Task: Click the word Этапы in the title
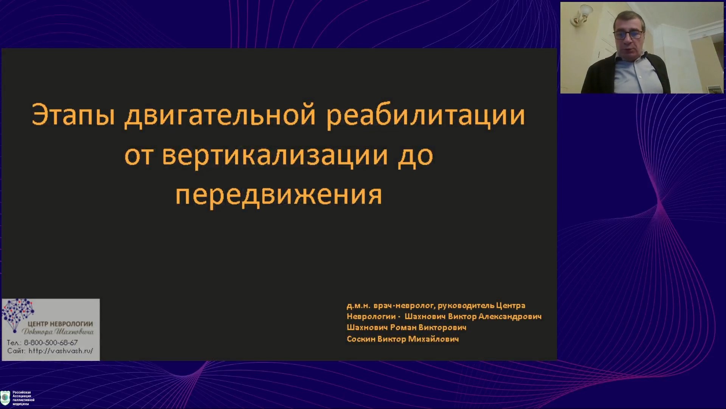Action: coord(73,114)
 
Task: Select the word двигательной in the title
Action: coord(220,115)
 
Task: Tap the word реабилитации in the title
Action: coord(426,116)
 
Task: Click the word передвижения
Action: coord(279,195)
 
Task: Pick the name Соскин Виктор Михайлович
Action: coord(403,339)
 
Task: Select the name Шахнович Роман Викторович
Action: coord(406,328)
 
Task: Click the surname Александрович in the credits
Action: coord(510,317)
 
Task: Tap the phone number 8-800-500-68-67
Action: coord(51,342)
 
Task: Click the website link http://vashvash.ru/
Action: coord(61,351)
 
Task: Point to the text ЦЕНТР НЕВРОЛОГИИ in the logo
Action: coord(60,324)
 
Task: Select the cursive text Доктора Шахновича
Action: coord(57,332)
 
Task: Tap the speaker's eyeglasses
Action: coord(628,35)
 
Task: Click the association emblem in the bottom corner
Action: coord(5,398)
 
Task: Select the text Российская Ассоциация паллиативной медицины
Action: coord(23,398)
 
